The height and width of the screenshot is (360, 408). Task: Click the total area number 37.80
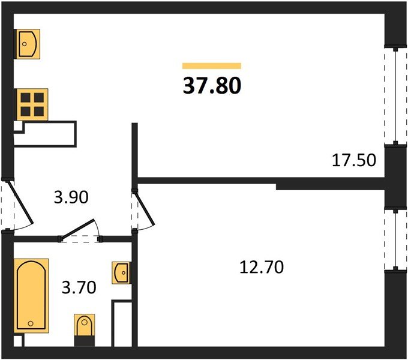pos(212,86)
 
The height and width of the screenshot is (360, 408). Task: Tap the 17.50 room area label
pos(354,160)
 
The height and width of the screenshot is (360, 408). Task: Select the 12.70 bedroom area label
pos(261,267)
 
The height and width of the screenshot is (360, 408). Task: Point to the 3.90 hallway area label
pos(71,197)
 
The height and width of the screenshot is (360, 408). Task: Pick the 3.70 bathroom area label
pos(79,287)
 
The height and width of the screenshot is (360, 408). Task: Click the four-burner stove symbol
pos(32,104)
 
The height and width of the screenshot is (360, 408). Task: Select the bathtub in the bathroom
pos(31,295)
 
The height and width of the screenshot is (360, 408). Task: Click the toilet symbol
pos(85,325)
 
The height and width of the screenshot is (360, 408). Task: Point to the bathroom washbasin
pos(121,272)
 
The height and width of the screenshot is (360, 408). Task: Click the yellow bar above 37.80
pos(212,66)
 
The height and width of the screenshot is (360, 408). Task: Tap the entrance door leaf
pos(21,202)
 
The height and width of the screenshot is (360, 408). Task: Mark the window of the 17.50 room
pos(395,96)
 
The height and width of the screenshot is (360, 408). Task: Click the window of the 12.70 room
pos(395,239)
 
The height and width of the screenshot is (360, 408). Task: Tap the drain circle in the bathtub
pos(31,323)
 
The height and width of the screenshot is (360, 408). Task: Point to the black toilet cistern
pos(85,341)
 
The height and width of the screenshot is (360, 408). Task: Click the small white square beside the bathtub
pos(17,341)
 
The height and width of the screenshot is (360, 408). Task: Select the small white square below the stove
pos(18,126)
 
